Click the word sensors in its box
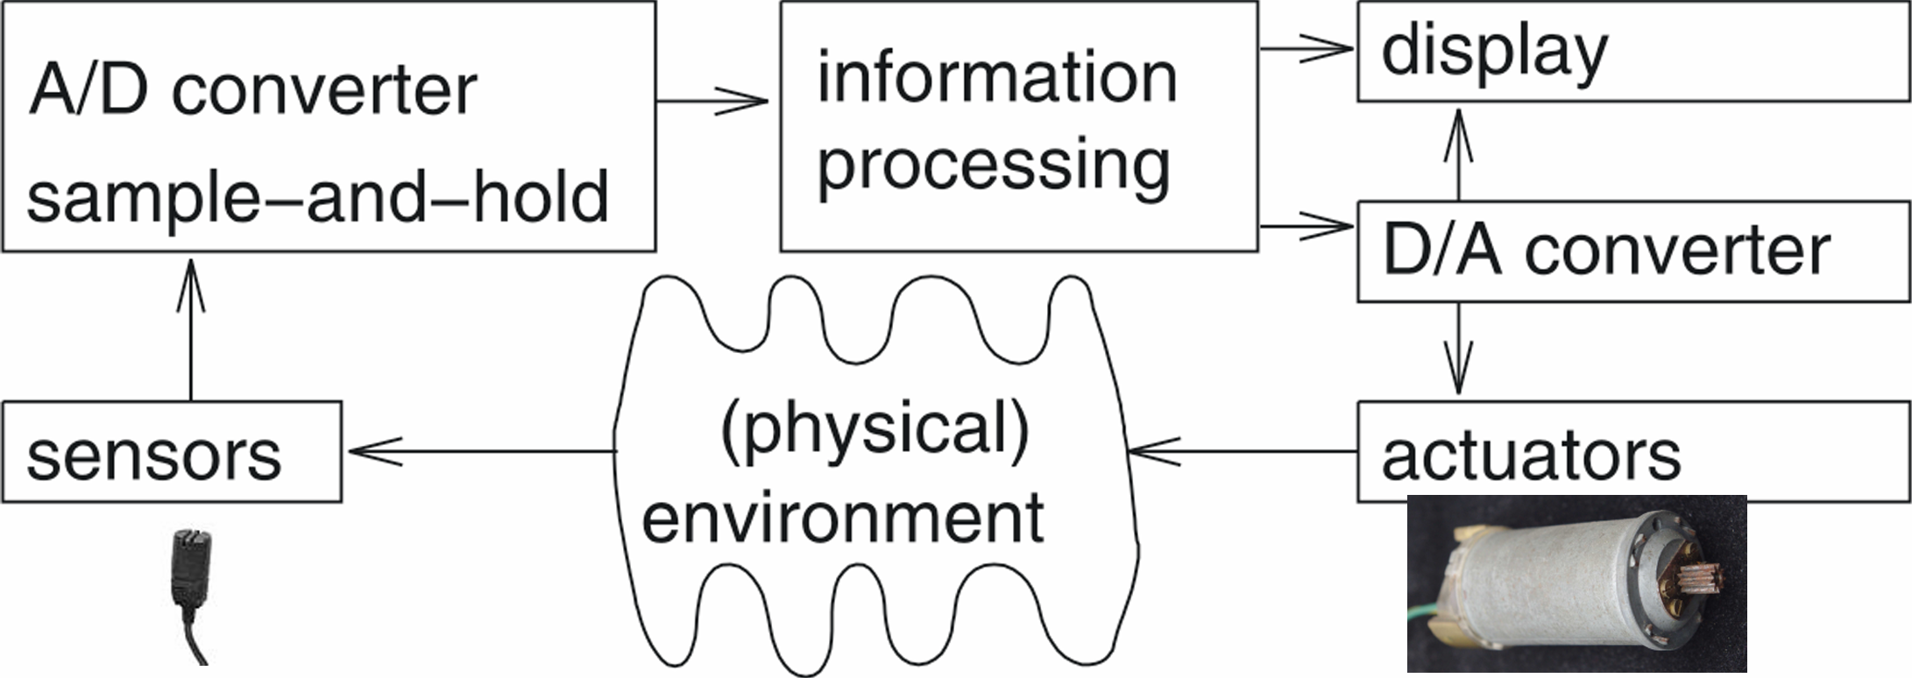coord(154,456)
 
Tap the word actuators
coord(1531,456)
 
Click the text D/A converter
coord(1605,251)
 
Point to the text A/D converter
coord(252,90)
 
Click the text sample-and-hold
coord(317,197)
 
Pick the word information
coord(996,77)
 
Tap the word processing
coord(994,165)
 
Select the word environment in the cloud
coord(842,518)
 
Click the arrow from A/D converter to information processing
coord(712,102)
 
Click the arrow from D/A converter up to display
coord(1458,153)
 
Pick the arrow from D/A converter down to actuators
coord(1458,350)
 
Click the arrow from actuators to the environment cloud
coord(1244,451)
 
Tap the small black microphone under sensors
coord(189,569)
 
